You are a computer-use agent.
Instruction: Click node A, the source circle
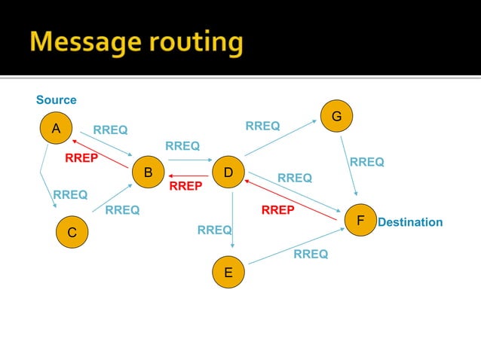coord(56,130)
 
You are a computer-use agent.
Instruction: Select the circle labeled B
coord(149,172)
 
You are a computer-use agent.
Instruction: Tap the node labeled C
coord(72,233)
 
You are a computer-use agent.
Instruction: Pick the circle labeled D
coord(228,172)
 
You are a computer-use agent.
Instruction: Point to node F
coord(360,221)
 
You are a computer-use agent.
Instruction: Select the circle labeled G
coord(336,117)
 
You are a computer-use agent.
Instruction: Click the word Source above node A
coord(57,100)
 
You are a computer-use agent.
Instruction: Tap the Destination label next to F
coord(410,223)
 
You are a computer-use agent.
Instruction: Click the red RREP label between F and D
coord(277,210)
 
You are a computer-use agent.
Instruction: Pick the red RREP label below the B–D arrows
coord(185,186)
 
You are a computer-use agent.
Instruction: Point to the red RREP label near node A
coord(81,158)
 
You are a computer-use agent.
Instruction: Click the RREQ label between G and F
coord(366,162)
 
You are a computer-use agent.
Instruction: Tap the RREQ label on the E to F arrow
coord(311,255)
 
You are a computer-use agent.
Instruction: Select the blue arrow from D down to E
coord(233,218)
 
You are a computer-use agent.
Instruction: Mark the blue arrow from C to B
coord(113,198)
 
